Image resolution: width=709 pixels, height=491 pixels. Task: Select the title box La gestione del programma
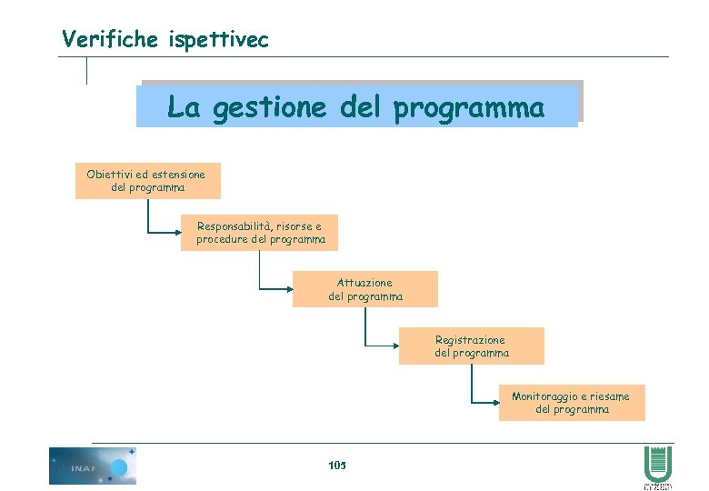click(x=357, y=106)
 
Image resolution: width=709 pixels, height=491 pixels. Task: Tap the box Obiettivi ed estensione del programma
click(x=147, y=181)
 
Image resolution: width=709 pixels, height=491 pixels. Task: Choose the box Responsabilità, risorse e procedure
click(x=259, y=233)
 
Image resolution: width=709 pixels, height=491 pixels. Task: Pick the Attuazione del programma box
click(x=364, y=289)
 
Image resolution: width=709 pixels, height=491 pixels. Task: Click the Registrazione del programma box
click(x=471, y=346)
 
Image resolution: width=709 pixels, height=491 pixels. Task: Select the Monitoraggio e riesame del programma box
click(x=571, y=403)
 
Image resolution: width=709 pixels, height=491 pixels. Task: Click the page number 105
click(x=337, y=466)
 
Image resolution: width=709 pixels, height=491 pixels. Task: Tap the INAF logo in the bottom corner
click(x=92, y=466)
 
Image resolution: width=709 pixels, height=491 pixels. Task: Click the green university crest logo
click(x=657, y=464)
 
